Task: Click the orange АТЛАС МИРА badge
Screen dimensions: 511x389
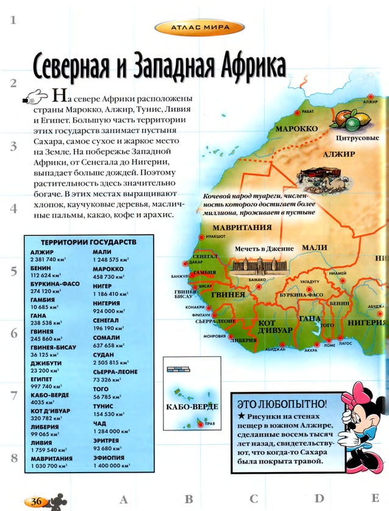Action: tap(199, 27)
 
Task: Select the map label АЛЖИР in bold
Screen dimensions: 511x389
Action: tap(339, 154)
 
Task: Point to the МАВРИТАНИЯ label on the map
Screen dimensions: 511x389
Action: tap(242, 227)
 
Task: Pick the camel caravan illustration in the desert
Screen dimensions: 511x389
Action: tap(322, 175)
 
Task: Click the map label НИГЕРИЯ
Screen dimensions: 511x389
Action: tap(368, 323)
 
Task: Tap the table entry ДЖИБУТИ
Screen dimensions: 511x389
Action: tap(44, 363)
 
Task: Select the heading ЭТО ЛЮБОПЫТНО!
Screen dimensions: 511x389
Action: tap(281, 404)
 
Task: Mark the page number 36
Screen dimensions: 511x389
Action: tap(35, 501)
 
